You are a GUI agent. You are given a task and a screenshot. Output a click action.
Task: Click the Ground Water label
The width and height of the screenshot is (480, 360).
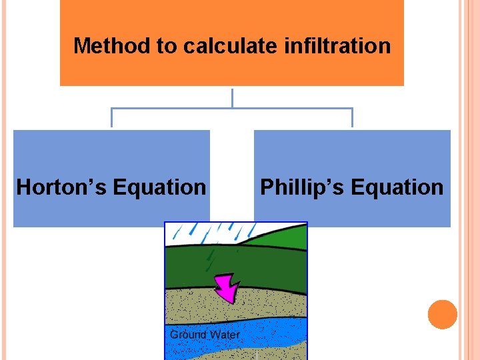pyautogui.click(x=205, y=335)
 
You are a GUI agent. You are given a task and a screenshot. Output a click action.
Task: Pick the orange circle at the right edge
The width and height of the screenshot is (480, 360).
pyautogui.click(x=443, y=315)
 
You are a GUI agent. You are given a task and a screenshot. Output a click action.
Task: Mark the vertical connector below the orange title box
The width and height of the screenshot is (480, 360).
pyautogui.click(x=232, y=97)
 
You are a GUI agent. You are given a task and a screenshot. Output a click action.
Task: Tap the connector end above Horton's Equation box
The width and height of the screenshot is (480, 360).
pyautogui.click(x=111, y=119)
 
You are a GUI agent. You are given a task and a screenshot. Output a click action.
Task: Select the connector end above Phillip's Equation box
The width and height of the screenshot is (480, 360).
pyautogui.click(x=352, y=119)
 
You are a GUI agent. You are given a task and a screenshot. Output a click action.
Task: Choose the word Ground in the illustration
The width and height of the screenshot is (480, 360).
pyautogui.click(x=187, y=335)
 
